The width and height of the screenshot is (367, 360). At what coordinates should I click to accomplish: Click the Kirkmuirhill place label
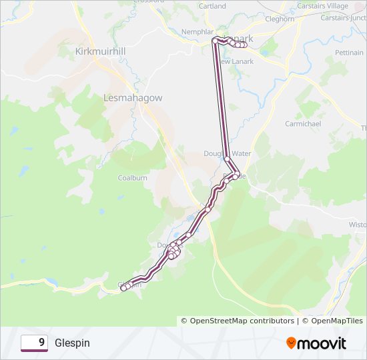point(101,51)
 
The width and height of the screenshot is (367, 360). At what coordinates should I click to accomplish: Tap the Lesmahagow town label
point(133,97)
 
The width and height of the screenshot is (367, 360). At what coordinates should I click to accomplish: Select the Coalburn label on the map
point(131,178)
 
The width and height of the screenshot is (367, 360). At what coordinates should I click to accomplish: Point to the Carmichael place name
point(303,124)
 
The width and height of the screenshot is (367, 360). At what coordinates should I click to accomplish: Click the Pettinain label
point(349,52)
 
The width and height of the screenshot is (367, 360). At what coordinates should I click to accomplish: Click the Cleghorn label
point(280,19)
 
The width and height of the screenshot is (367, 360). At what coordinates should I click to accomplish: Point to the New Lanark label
point(238,61)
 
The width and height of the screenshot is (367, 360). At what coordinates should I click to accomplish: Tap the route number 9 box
point(34,343)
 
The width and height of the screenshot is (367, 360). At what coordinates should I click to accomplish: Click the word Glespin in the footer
point(72,343)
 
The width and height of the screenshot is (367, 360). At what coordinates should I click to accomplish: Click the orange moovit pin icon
point(292,343)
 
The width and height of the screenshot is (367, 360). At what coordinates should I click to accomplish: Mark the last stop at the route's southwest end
point(123,288)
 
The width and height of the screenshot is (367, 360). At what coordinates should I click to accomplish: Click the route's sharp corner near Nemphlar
point(214,40)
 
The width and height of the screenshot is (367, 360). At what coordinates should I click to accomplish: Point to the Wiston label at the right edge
point(358,225)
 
